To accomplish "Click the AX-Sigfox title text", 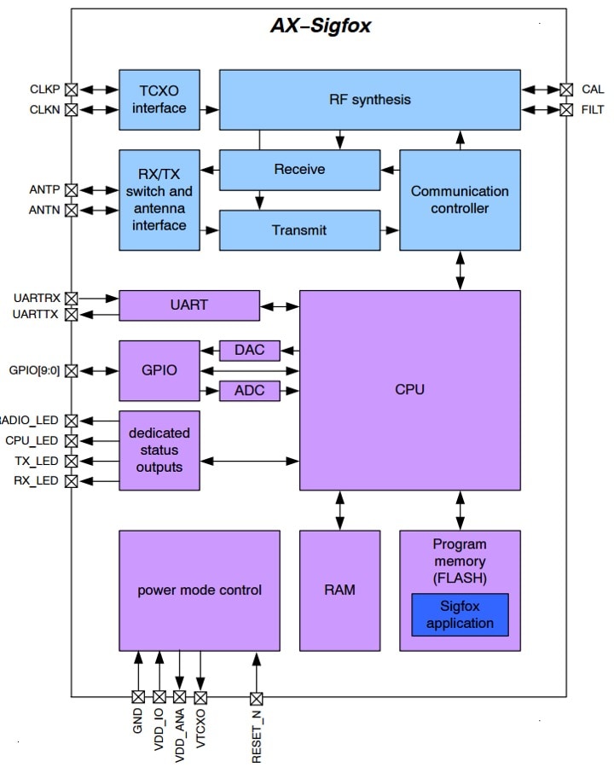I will [321, 26].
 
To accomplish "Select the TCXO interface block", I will [159, 100].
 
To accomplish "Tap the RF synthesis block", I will [369, 100].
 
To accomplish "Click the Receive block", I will [299, 170].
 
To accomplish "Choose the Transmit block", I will [299, 230].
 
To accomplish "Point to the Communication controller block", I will [460, 200].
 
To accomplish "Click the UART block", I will [188, 305].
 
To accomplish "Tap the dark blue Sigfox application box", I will [460, 615].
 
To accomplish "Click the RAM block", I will [339, 590].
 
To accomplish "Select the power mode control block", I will [200, 590].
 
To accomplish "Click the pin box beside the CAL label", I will [565, 89].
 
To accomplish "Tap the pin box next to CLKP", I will [72, 89].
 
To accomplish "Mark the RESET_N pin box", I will [256, 697].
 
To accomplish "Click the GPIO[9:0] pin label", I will [34, 371].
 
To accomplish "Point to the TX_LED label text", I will [37, 461].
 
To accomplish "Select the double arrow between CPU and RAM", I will [339, 510].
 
